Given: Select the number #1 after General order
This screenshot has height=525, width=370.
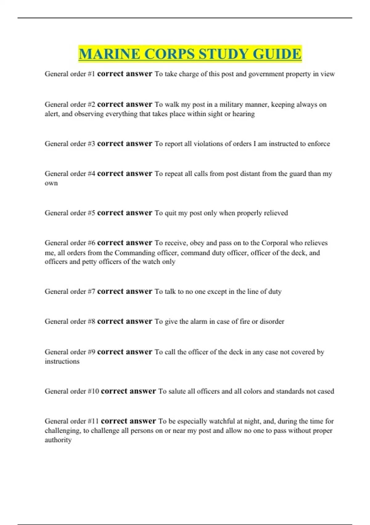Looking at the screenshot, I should tap(92, 74).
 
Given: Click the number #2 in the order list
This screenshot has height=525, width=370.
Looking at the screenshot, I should tap(92, 105).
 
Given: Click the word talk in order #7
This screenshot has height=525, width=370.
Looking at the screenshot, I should tap(170, 292).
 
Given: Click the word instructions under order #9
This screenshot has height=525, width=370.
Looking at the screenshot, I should tap(62, 361).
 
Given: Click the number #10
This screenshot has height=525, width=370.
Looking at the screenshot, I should tap(93, 391).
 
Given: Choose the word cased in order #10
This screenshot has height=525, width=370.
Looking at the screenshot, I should tap(326, 391).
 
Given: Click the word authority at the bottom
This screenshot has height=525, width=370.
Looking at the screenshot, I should tap(58, 440).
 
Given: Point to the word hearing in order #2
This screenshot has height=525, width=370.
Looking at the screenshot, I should tap(244, 114).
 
